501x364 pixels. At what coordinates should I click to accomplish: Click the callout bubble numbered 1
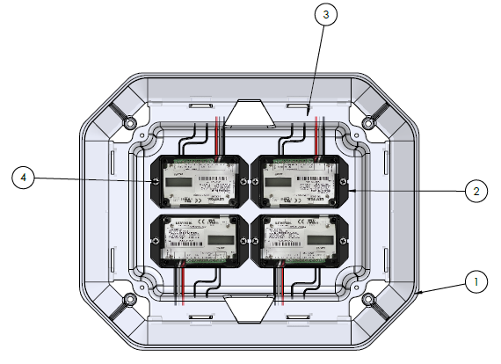tap(476, 282)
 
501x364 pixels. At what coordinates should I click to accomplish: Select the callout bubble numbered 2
tap(476, 189)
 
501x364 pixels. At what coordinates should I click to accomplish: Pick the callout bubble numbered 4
tap(25, 178)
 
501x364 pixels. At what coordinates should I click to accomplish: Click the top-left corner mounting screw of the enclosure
tap(130, 120)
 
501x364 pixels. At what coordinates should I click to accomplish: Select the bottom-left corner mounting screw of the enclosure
tap(130, 298)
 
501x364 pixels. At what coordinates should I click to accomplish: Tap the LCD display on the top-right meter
tap(279, 182)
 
